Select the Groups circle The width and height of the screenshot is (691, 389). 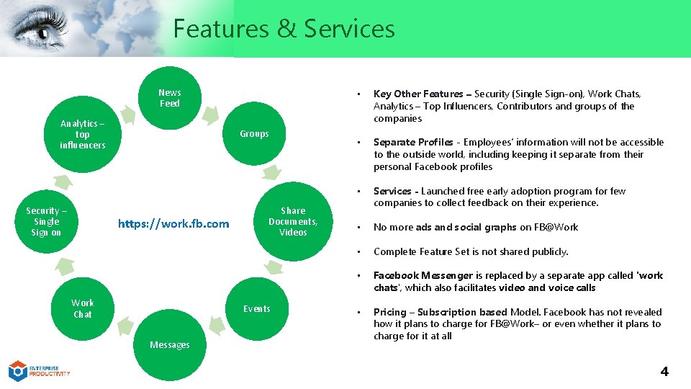(254, 134)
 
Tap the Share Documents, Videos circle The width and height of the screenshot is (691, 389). (293, 222)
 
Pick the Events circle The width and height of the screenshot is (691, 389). (256, 309)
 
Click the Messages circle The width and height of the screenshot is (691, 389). (170, 345)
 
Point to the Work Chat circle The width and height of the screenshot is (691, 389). (83, 309)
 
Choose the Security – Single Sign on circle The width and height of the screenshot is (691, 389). (46, 222)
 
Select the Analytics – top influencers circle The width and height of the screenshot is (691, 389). (83, 135)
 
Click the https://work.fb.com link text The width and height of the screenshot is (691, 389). (173, 224)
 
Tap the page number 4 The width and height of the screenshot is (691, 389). (664, 372)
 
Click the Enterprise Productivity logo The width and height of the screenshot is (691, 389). (39, 371)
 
